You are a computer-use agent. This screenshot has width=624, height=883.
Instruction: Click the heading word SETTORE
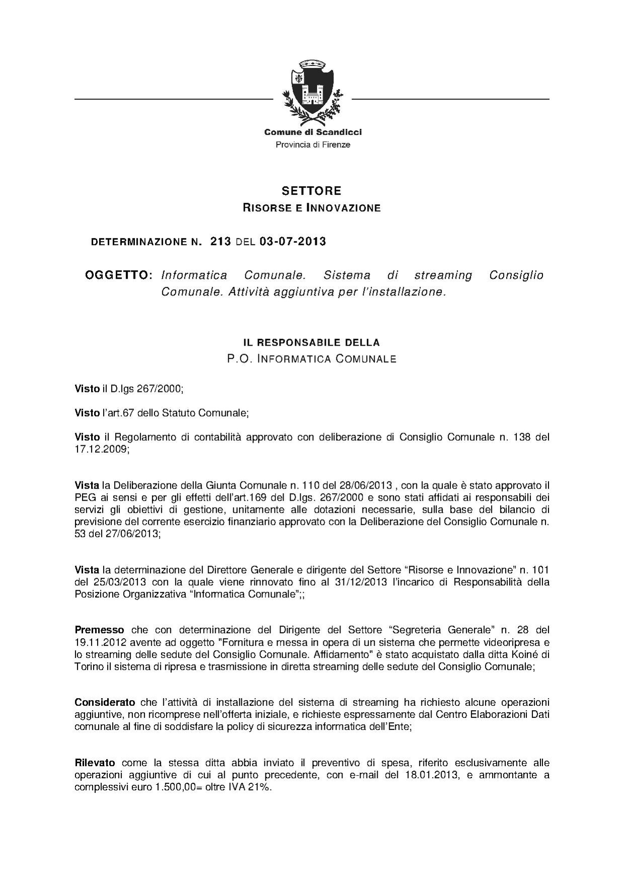[x=311, y=191]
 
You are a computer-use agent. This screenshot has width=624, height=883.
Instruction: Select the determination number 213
[x=221, y=242]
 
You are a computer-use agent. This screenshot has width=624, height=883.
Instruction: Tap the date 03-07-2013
[x=293, y=242]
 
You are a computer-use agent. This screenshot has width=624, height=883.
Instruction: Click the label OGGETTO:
[x=118, y=276]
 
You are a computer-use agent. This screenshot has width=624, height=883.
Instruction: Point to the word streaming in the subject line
[x=443, y=276]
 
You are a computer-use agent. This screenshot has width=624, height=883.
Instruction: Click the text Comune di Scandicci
[x=313, y=132]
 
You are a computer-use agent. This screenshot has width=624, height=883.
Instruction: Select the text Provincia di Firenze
[x=313, y=145]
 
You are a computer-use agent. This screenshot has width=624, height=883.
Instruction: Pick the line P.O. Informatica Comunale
[x=311, y=359]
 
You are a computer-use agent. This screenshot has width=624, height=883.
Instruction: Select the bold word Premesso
[x=99, y=630]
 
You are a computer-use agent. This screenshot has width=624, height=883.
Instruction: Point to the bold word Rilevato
[x=95, y=763]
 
